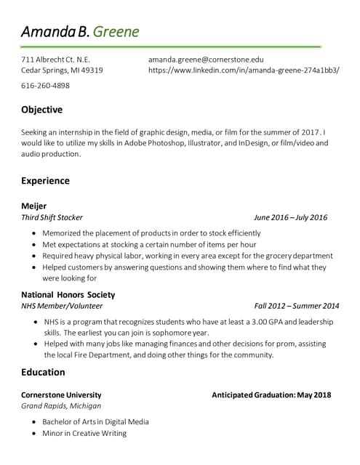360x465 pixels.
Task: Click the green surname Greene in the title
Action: pos(116,32)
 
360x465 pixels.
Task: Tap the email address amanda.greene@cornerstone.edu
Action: pos(206,59)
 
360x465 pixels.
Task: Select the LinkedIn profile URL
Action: pos(244,70)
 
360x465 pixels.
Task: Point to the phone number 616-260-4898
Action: pos(45,85)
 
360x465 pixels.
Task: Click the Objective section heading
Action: pos(41,110)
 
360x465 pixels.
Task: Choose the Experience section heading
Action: pos(45,180)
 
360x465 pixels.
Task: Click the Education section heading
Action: pos(43,372)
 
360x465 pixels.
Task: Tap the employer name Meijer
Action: pos(33,206)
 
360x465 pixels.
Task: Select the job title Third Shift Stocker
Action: pos(52,217)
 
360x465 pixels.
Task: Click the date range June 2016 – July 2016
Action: pos(290,217)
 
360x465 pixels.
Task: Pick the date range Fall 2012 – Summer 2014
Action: pos(297,306)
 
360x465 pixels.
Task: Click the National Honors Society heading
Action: pos(68,295)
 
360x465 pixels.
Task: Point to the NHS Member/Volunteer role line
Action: pos(62,306)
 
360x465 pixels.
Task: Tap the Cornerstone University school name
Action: pos(61,395)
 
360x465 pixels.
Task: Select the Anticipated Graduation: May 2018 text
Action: pos(271,395)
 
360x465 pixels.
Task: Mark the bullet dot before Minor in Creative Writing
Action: pos(35,434)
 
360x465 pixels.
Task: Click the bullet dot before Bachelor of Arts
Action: pos(35,422)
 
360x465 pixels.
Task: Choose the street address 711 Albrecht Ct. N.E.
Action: pos(55,59)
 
